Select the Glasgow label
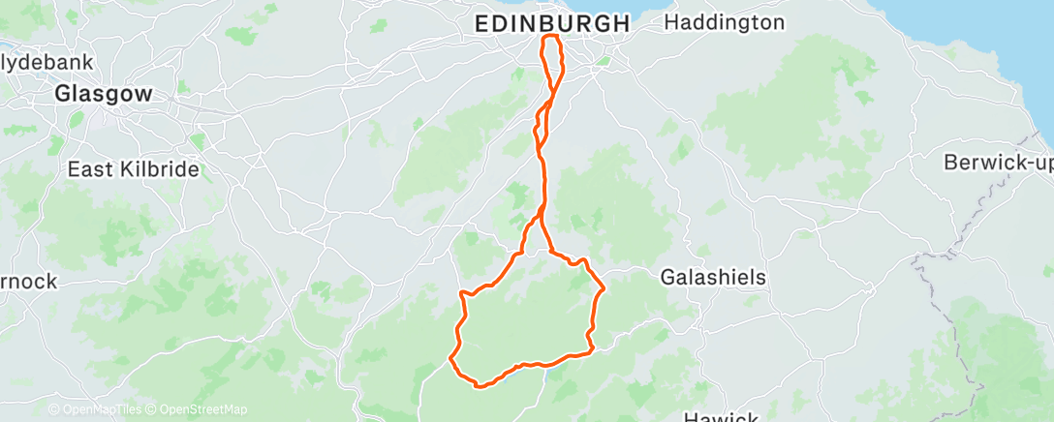tap(104, 95)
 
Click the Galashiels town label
tap(713, 278)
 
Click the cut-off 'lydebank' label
tap(46, 62)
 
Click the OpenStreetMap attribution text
tap(201, 409)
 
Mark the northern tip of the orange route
tap(551, 37)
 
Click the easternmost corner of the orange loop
tap(604, 288)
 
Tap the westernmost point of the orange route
tap(450, 360)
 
